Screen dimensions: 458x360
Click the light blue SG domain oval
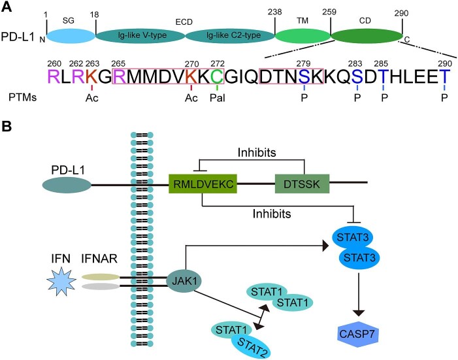(x=71, y=36)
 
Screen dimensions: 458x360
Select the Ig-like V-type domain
(x=140, y=36)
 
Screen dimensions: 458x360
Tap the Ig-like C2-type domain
(x=230, y=36)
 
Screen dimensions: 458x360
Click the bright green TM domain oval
(x=303, y=36)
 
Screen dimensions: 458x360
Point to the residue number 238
(x=275, y=12)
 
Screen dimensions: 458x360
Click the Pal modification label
(x=218, y=98)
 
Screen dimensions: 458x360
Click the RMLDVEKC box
(x=203, y=184)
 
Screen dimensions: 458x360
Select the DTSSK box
(x=303, y=184)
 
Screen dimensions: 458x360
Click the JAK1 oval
(x=184, y=281)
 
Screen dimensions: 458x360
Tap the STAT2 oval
(x=251, y=346)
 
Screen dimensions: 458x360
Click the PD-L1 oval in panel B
(x=67, y=185)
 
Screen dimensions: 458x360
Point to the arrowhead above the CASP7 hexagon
(x=359, y=312)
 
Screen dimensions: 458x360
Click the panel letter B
(x=7, y=127)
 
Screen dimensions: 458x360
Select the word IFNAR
(x=99, y=259)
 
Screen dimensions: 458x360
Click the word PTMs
(x=22, y=97)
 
